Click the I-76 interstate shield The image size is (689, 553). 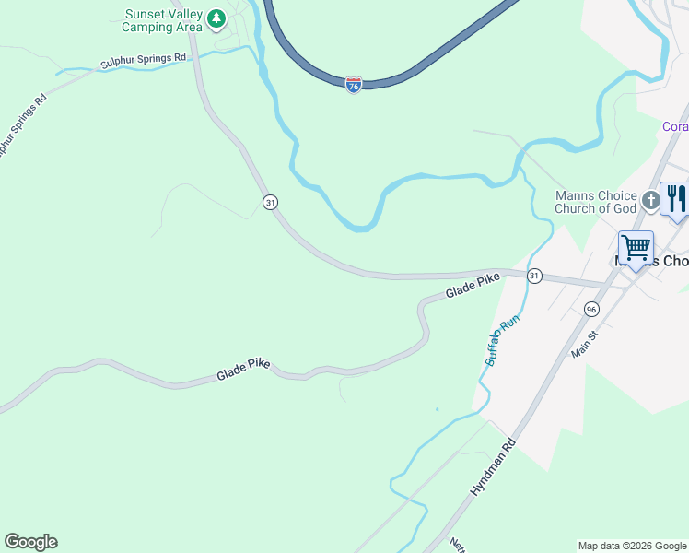click(x=354, y=85)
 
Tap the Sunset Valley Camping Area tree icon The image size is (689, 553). click(x=216, y=18)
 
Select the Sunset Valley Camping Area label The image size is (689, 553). click(x=163, y=20)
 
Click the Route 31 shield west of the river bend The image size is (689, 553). click(x=269, y=202)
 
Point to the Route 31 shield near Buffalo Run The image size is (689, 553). click(x=534, y=276)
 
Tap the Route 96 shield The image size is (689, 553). click(x=591, y=309)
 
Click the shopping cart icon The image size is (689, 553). click(x=636, y=249)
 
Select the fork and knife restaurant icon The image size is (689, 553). click(x=676, y=199)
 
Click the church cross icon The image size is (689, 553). click(x=650, y=200)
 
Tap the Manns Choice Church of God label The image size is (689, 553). click(x=595, y=202)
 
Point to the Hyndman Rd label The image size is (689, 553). click(x=495, y=470)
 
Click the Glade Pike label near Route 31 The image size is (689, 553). click(x=473, y=286)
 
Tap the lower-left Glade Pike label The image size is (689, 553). click(x=243, y=371)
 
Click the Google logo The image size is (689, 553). click(x=30, y=542)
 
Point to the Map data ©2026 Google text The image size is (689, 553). click(x=632, y=546)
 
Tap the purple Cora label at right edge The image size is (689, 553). click(x=675, y=126)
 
